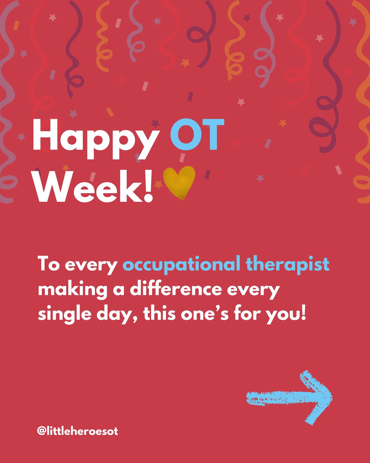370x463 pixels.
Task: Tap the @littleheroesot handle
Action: [78, 431]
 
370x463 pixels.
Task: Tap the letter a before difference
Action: [119, 290]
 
